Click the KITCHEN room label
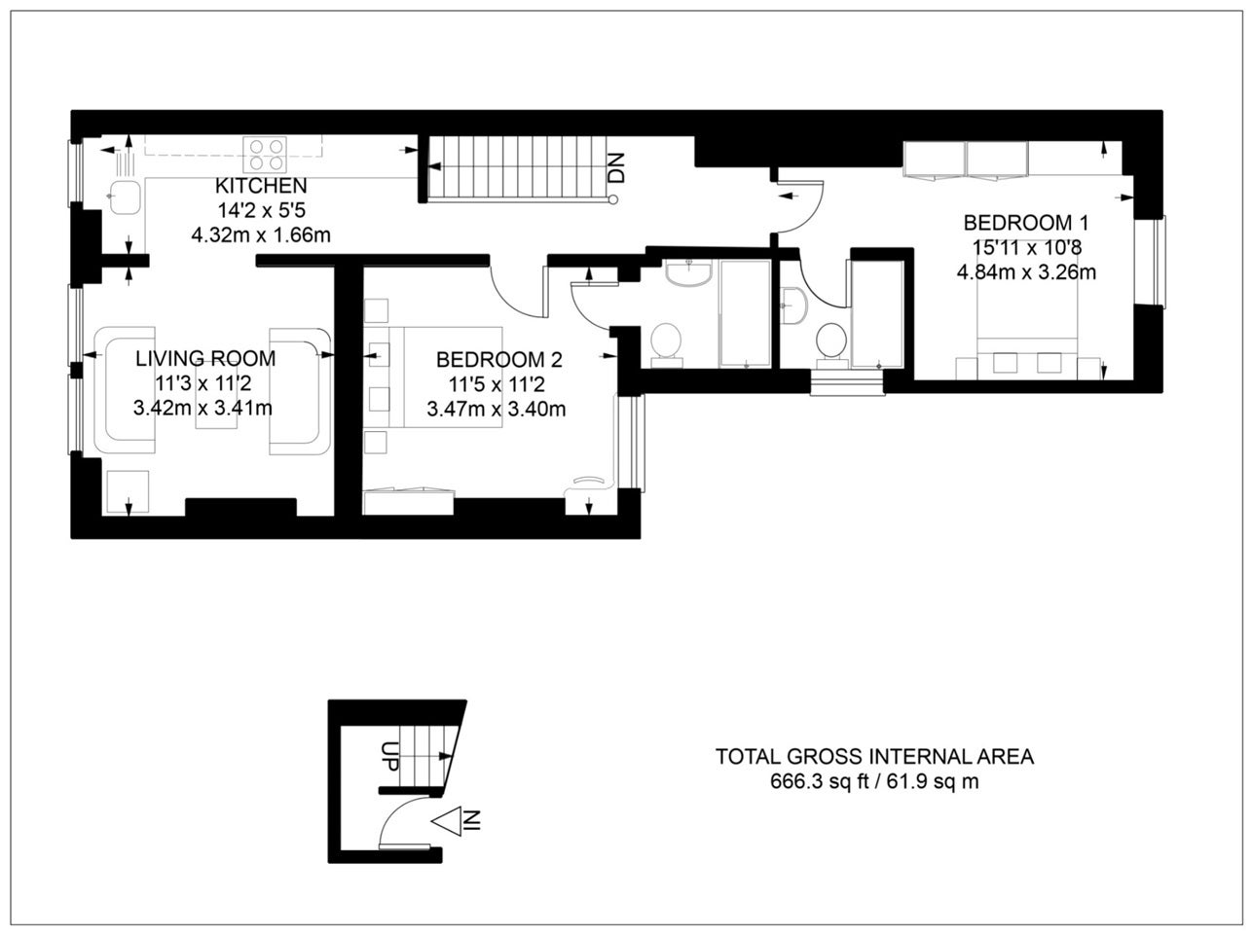[261, 186]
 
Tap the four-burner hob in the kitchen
[265, 155]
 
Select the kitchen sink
[125, 198]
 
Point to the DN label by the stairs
[616, 167]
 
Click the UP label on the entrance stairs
[389, 756]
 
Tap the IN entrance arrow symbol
[457, 821]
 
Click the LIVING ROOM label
[205, 358]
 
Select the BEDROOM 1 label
[1026, 222]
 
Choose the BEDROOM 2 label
[499, 360]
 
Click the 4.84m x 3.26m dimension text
[1026, 272]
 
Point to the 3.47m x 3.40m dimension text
[497, 410]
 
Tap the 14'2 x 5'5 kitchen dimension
[261, 210]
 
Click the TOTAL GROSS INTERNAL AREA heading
[874, 756]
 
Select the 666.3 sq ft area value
[819, 780]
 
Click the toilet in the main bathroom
[666, 345]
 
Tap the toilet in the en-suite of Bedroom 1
[831, 344]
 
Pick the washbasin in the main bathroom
[689, 273]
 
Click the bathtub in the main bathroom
[745, 313]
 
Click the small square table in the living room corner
[129, 490]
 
